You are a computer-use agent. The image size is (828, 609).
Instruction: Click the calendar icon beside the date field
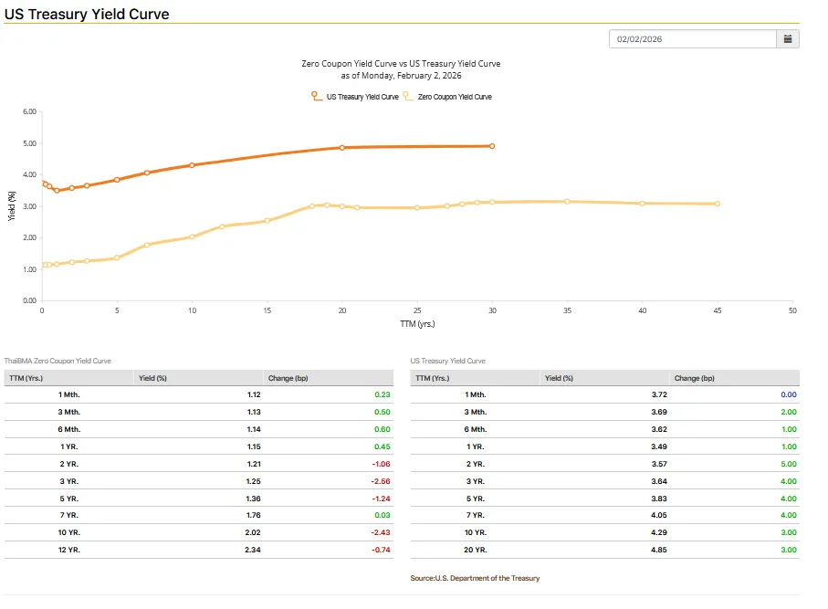[787, 39]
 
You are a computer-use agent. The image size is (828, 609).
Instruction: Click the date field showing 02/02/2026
[692, 39]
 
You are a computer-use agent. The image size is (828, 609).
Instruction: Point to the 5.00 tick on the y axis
[28, 143]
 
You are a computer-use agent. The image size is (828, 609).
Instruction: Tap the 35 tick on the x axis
[567, 310]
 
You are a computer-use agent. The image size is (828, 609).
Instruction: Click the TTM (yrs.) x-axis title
[417, 323]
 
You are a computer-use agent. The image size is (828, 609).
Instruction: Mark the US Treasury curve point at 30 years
[492, 146]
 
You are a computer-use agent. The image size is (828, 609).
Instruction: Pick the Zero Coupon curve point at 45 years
[718, 204]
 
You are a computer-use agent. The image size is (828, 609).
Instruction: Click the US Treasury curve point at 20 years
[341, 147]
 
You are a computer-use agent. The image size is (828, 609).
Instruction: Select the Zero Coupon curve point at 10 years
[192, 236]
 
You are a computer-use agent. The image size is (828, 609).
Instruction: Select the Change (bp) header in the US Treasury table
[694, 378]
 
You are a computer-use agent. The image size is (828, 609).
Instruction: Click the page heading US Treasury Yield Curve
[87, 15]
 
